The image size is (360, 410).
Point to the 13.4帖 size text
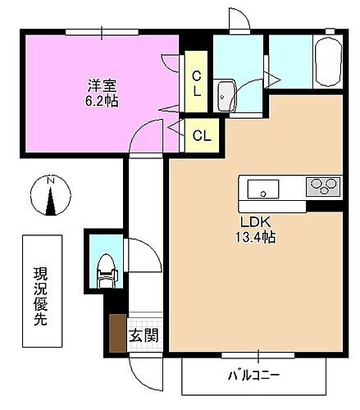pos(256,238)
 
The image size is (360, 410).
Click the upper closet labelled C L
pos(197,84)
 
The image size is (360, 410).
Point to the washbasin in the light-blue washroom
pos(226,95)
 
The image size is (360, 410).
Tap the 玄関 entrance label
pos(144,335)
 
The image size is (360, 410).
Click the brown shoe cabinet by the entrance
pos(117,332)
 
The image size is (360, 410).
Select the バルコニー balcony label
pos(253,376)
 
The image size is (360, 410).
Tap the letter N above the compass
pos(50,181)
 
